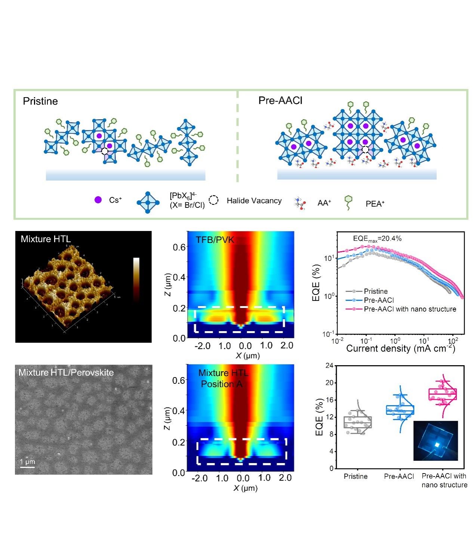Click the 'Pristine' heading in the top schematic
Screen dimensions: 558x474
click(x=40, y=101)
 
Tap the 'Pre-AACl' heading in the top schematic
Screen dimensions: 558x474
click(x=280, y=101)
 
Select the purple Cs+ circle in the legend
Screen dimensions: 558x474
click(x=98, y=200)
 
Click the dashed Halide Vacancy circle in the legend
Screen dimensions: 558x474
click(x=213, y=200)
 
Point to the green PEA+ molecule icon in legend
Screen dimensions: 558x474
click(x=348, y=202)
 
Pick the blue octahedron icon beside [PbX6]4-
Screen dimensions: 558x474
click(x=148, y=202)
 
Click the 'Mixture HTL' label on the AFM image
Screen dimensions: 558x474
click(x=46, y=239)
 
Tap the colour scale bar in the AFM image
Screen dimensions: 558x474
click(x=136, y=278)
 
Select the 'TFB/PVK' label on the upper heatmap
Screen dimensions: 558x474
click(x=215, y=240)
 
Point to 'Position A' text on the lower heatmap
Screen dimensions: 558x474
click(x=222, y=384)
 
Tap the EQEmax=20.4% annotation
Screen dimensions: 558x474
click(x=377, y=238)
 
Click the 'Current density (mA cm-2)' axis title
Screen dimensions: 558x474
click(x=400, y=349)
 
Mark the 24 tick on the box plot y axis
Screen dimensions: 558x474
click(x=329, y=366)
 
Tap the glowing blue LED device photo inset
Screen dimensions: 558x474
click(x=435, y=441)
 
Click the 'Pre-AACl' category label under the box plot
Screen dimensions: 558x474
click(x=399, y=477)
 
